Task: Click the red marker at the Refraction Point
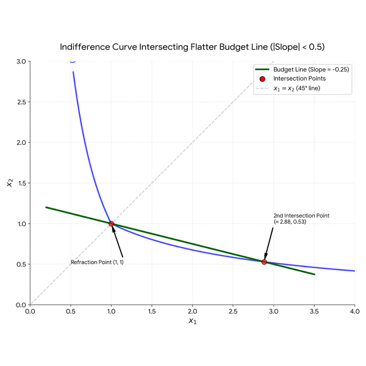pos(112,224)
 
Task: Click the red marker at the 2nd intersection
pos(264,262)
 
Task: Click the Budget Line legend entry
pos(302,70)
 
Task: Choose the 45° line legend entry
pos(288,88)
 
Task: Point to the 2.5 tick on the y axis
pos(21,102)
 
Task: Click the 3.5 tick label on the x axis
pos(314,311)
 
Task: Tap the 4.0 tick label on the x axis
pos(355,311)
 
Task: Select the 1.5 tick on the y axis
pos(22,183)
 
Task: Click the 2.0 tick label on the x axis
pos(192,311)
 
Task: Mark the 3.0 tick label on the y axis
pos(21,62)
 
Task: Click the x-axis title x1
pos(193,321)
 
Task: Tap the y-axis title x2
pos(10,183)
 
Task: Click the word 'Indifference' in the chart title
pos(85,47)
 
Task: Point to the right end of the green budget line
pos(315,274)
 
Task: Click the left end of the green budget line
pos(46,207)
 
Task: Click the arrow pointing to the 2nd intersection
pos(268,243)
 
